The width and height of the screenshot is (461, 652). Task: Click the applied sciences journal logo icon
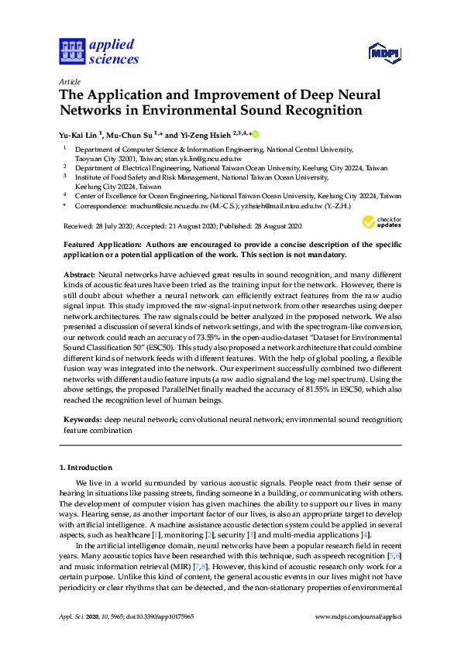[x=72, y=51]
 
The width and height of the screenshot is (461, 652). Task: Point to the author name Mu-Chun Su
[x=130, y=134]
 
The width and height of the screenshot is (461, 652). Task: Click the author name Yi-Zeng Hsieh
[x=202, y=134]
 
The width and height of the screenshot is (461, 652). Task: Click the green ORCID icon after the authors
[x=255, y=134]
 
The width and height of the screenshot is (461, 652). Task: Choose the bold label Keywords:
[x=83, y=419]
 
